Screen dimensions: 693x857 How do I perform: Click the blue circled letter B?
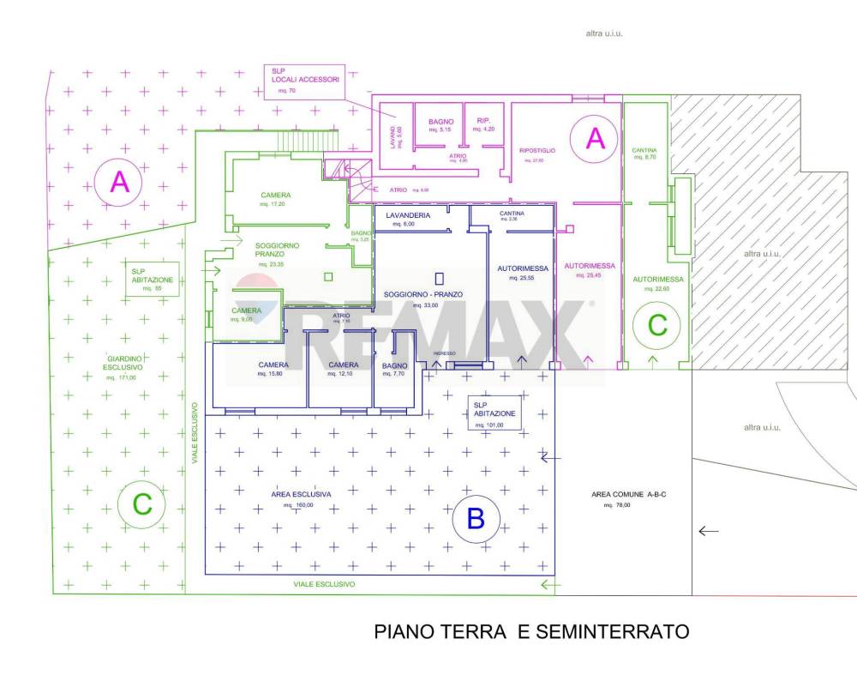(476, 518)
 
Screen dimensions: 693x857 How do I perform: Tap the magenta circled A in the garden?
(120, 182)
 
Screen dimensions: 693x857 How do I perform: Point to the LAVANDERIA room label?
(407, 214)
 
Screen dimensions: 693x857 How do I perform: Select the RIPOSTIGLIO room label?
(537, 151)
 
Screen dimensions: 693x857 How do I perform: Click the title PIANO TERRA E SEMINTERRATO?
(531, 632)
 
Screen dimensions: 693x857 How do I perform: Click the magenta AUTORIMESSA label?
(588, 268)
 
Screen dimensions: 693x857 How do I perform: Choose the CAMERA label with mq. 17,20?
(276, 195)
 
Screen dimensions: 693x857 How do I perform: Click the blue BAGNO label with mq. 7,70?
(394, 366)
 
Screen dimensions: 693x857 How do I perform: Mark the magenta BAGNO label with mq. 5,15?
(440, 122)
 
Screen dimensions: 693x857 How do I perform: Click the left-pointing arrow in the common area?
(708, 531)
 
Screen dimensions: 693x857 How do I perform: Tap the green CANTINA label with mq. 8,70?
(644, 150)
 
